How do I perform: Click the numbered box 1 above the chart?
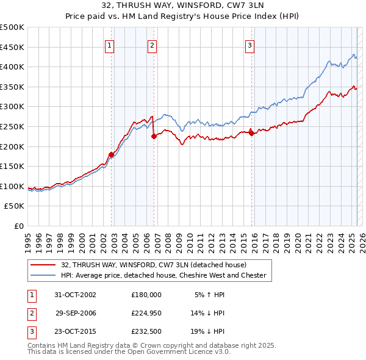(109, 45)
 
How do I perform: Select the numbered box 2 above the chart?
(151, 45)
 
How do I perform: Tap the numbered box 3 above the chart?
(249, 45)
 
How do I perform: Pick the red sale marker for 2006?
(154, 136)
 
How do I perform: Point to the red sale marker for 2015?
(251, 134)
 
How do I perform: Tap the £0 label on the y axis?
(19, 226)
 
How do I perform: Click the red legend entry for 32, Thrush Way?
(153, 265)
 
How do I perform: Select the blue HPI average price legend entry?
(163, 275)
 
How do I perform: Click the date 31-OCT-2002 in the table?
(76, 294)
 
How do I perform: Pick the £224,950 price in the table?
(146, 312)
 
